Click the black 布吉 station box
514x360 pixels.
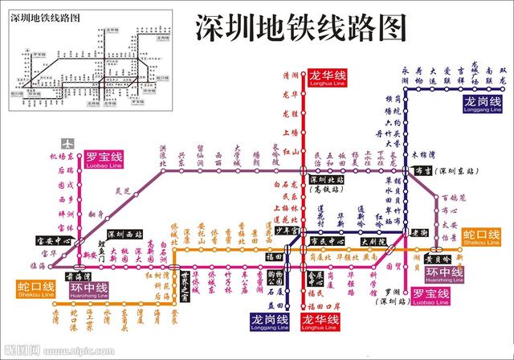coord(423,170)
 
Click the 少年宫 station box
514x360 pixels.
coord(288,231)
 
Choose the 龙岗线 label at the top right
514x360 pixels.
coord(482,104)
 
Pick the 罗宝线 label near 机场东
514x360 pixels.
coord(104,159)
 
